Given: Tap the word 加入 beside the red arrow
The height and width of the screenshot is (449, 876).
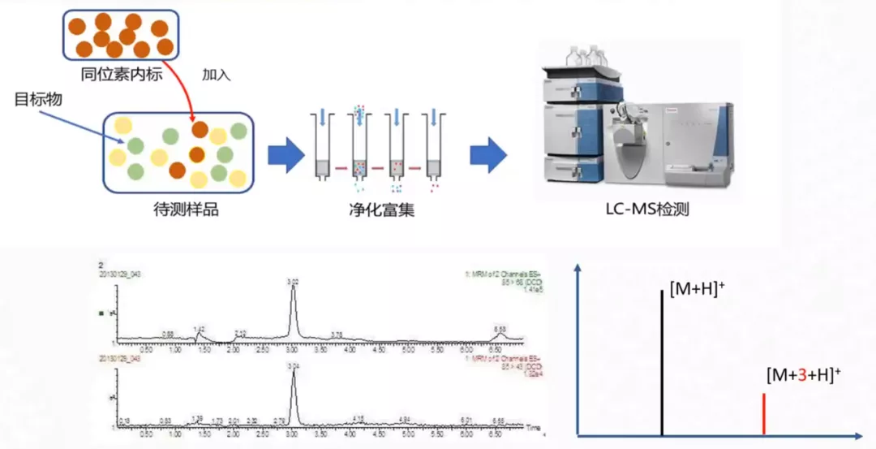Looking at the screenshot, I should (217, 75).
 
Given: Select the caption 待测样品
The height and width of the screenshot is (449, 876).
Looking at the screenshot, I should (186, 210).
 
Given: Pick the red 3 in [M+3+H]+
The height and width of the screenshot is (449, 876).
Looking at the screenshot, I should (803, 375).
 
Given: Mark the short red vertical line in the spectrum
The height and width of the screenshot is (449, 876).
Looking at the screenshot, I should (763, 414).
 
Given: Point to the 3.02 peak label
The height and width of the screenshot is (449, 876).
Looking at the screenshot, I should (293, 282).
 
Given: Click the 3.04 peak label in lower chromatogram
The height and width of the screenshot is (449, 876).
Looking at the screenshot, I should (293, 368).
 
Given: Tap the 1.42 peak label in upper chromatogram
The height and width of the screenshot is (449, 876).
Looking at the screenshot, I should (199, 328).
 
